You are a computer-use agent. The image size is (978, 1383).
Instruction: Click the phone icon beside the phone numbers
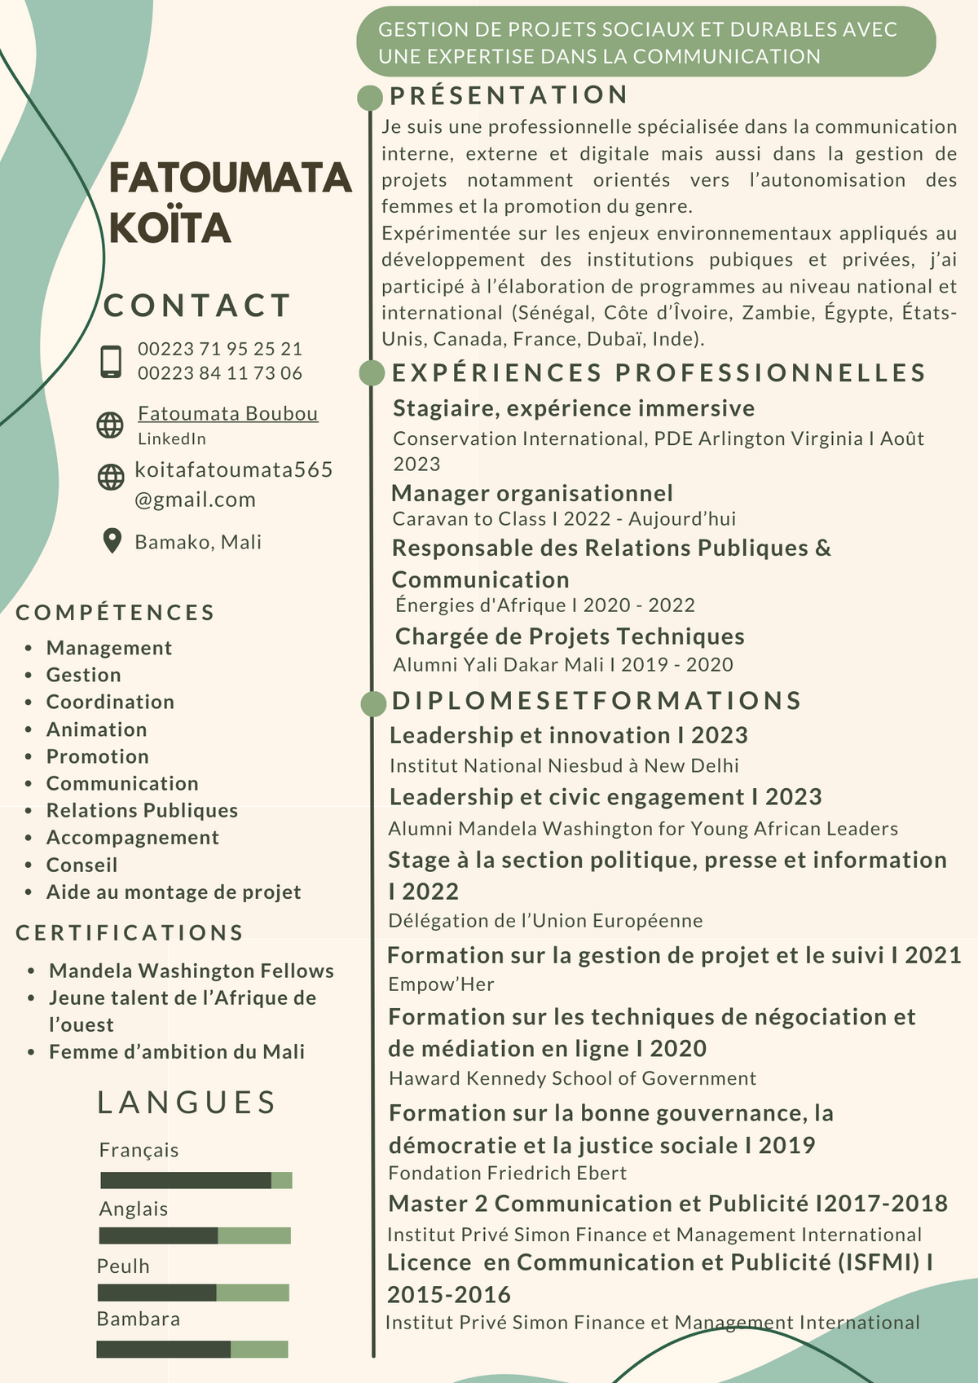111,361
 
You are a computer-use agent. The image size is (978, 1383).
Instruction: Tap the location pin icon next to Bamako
112,541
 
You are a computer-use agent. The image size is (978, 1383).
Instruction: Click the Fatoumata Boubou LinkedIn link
227,414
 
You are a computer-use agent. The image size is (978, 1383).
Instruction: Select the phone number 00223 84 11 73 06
219,373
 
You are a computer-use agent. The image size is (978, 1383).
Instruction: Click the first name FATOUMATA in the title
230,178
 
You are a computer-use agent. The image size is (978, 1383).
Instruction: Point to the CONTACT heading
197,306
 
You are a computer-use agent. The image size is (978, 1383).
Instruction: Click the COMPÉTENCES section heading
115,612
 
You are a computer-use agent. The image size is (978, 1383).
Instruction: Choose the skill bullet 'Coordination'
110,702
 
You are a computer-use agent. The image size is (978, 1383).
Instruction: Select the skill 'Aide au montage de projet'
174,892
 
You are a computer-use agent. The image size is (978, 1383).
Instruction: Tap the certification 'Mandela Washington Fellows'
192,971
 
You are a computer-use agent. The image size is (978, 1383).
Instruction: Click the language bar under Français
196,1180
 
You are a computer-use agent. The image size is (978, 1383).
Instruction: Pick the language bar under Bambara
192,1350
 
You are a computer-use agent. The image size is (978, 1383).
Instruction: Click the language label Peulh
123,1266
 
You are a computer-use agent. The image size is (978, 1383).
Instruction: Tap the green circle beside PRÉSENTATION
370,98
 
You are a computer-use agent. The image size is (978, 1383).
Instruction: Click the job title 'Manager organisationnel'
532,493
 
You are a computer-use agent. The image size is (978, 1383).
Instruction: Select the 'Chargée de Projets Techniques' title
570,636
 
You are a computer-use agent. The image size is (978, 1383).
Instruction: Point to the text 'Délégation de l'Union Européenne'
545,921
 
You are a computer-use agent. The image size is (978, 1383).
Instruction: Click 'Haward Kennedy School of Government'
572,1078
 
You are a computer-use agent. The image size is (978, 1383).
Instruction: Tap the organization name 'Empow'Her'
441,984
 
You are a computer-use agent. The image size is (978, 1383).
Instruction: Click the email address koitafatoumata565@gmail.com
233,484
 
